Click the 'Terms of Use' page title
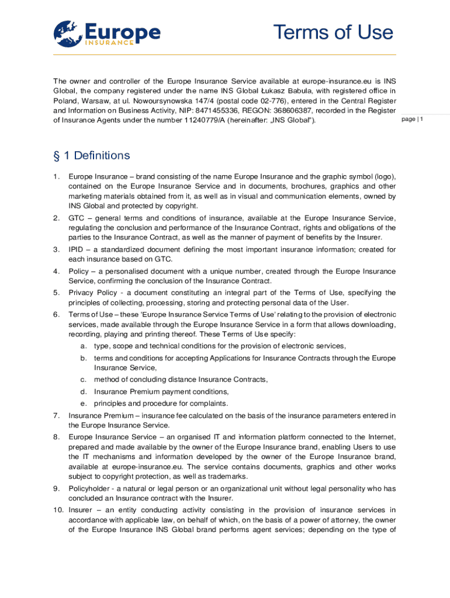(334, 32)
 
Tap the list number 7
(56, 415)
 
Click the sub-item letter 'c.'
(84, 380)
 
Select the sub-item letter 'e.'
(84, 404)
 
